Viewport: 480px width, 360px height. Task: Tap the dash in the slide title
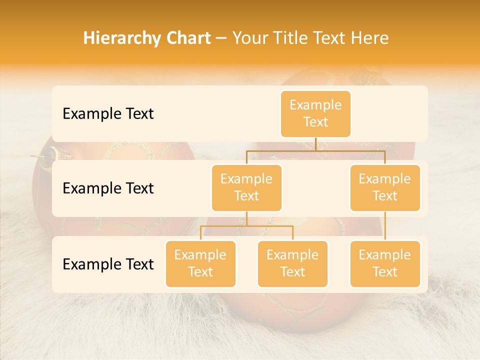(221, 38)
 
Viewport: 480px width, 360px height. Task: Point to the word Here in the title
(369, 38)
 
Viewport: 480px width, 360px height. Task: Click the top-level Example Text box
(315, 113)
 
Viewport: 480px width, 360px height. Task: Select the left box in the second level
(246, 187)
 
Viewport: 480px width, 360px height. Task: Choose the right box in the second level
(385, 187)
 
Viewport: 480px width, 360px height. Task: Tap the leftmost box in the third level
(200, 263)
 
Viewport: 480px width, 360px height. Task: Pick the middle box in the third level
(292, 263)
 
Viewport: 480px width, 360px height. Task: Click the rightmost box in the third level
(385, 263)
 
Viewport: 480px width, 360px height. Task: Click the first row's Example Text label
(108, 114)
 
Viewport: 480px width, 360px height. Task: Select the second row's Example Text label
(108, 188)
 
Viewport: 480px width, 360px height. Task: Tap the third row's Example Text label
(108, 264)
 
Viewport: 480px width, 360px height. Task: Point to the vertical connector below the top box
(315, 144)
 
